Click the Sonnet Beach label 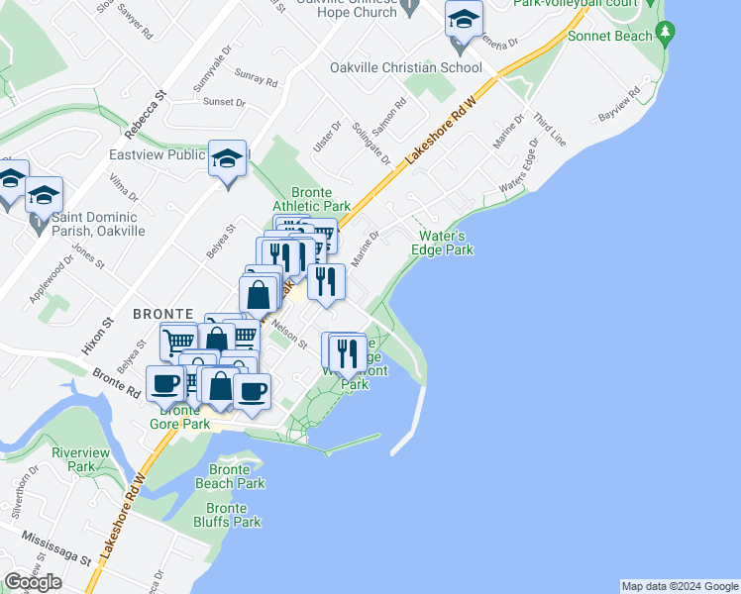pyautogui.click(x=610, y=37)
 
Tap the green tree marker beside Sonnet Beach pyautogui.click(x=666, y=34)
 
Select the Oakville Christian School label pyautogui.click(x=406, y=68)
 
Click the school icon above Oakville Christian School pyautogui.click(x=462, y=21)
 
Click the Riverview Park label pyautogui.click(x=73, y=458)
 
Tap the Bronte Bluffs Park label pyautogui.click(x=227, y=515)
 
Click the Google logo pyautogui.click(x=33, y=582)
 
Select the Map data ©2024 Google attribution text pyautogui.click(x=680, y=586)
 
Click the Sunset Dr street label pyautogui.click(x=223, y=102)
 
